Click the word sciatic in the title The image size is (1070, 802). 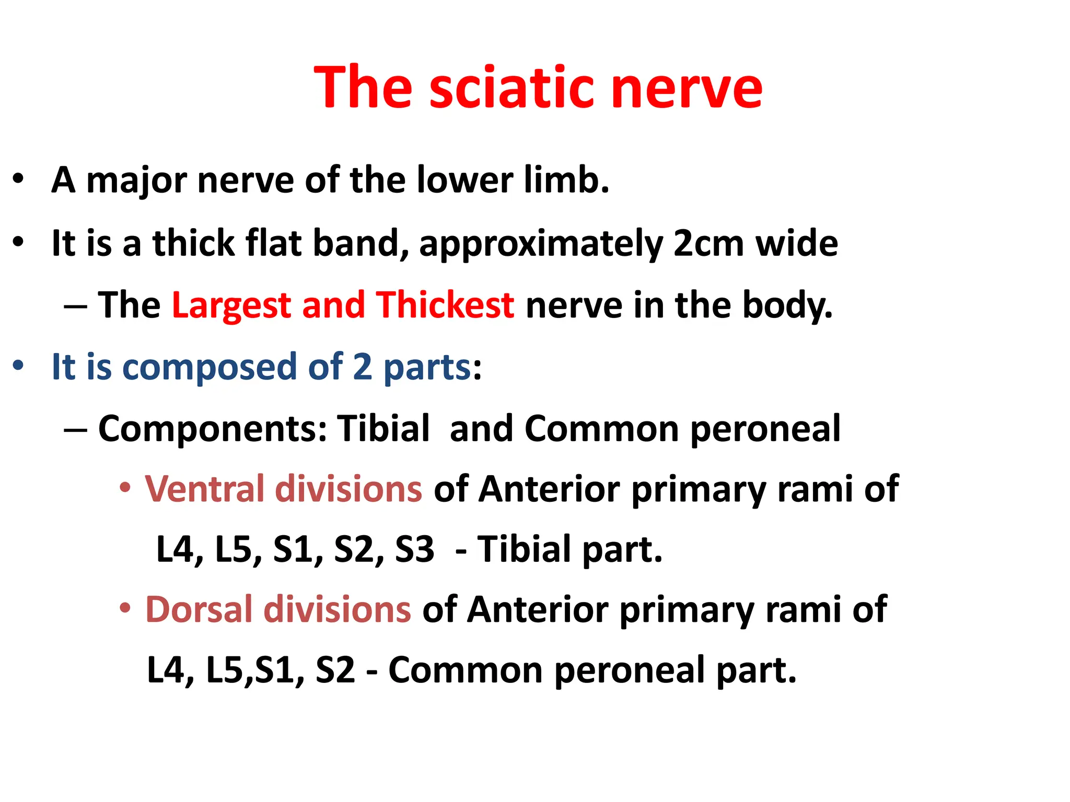[512, 88]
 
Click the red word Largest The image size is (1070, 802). [231, 305]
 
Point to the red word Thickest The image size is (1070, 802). [445, 305]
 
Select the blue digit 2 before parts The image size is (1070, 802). [362, 367]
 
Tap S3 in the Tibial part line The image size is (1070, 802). [414, 550]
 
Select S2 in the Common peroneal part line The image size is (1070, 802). [335, 670]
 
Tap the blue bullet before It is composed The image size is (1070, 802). [18, 366]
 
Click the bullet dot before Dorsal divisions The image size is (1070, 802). [125, 608]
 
